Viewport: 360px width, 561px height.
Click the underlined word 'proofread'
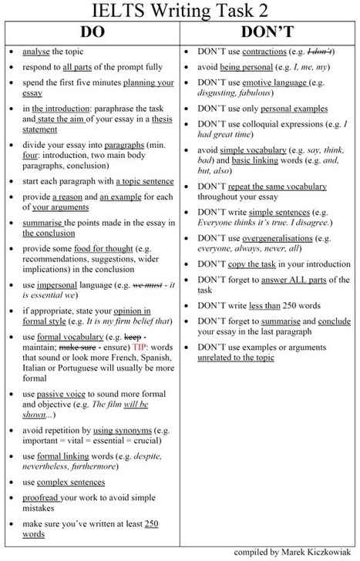point(42,498)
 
